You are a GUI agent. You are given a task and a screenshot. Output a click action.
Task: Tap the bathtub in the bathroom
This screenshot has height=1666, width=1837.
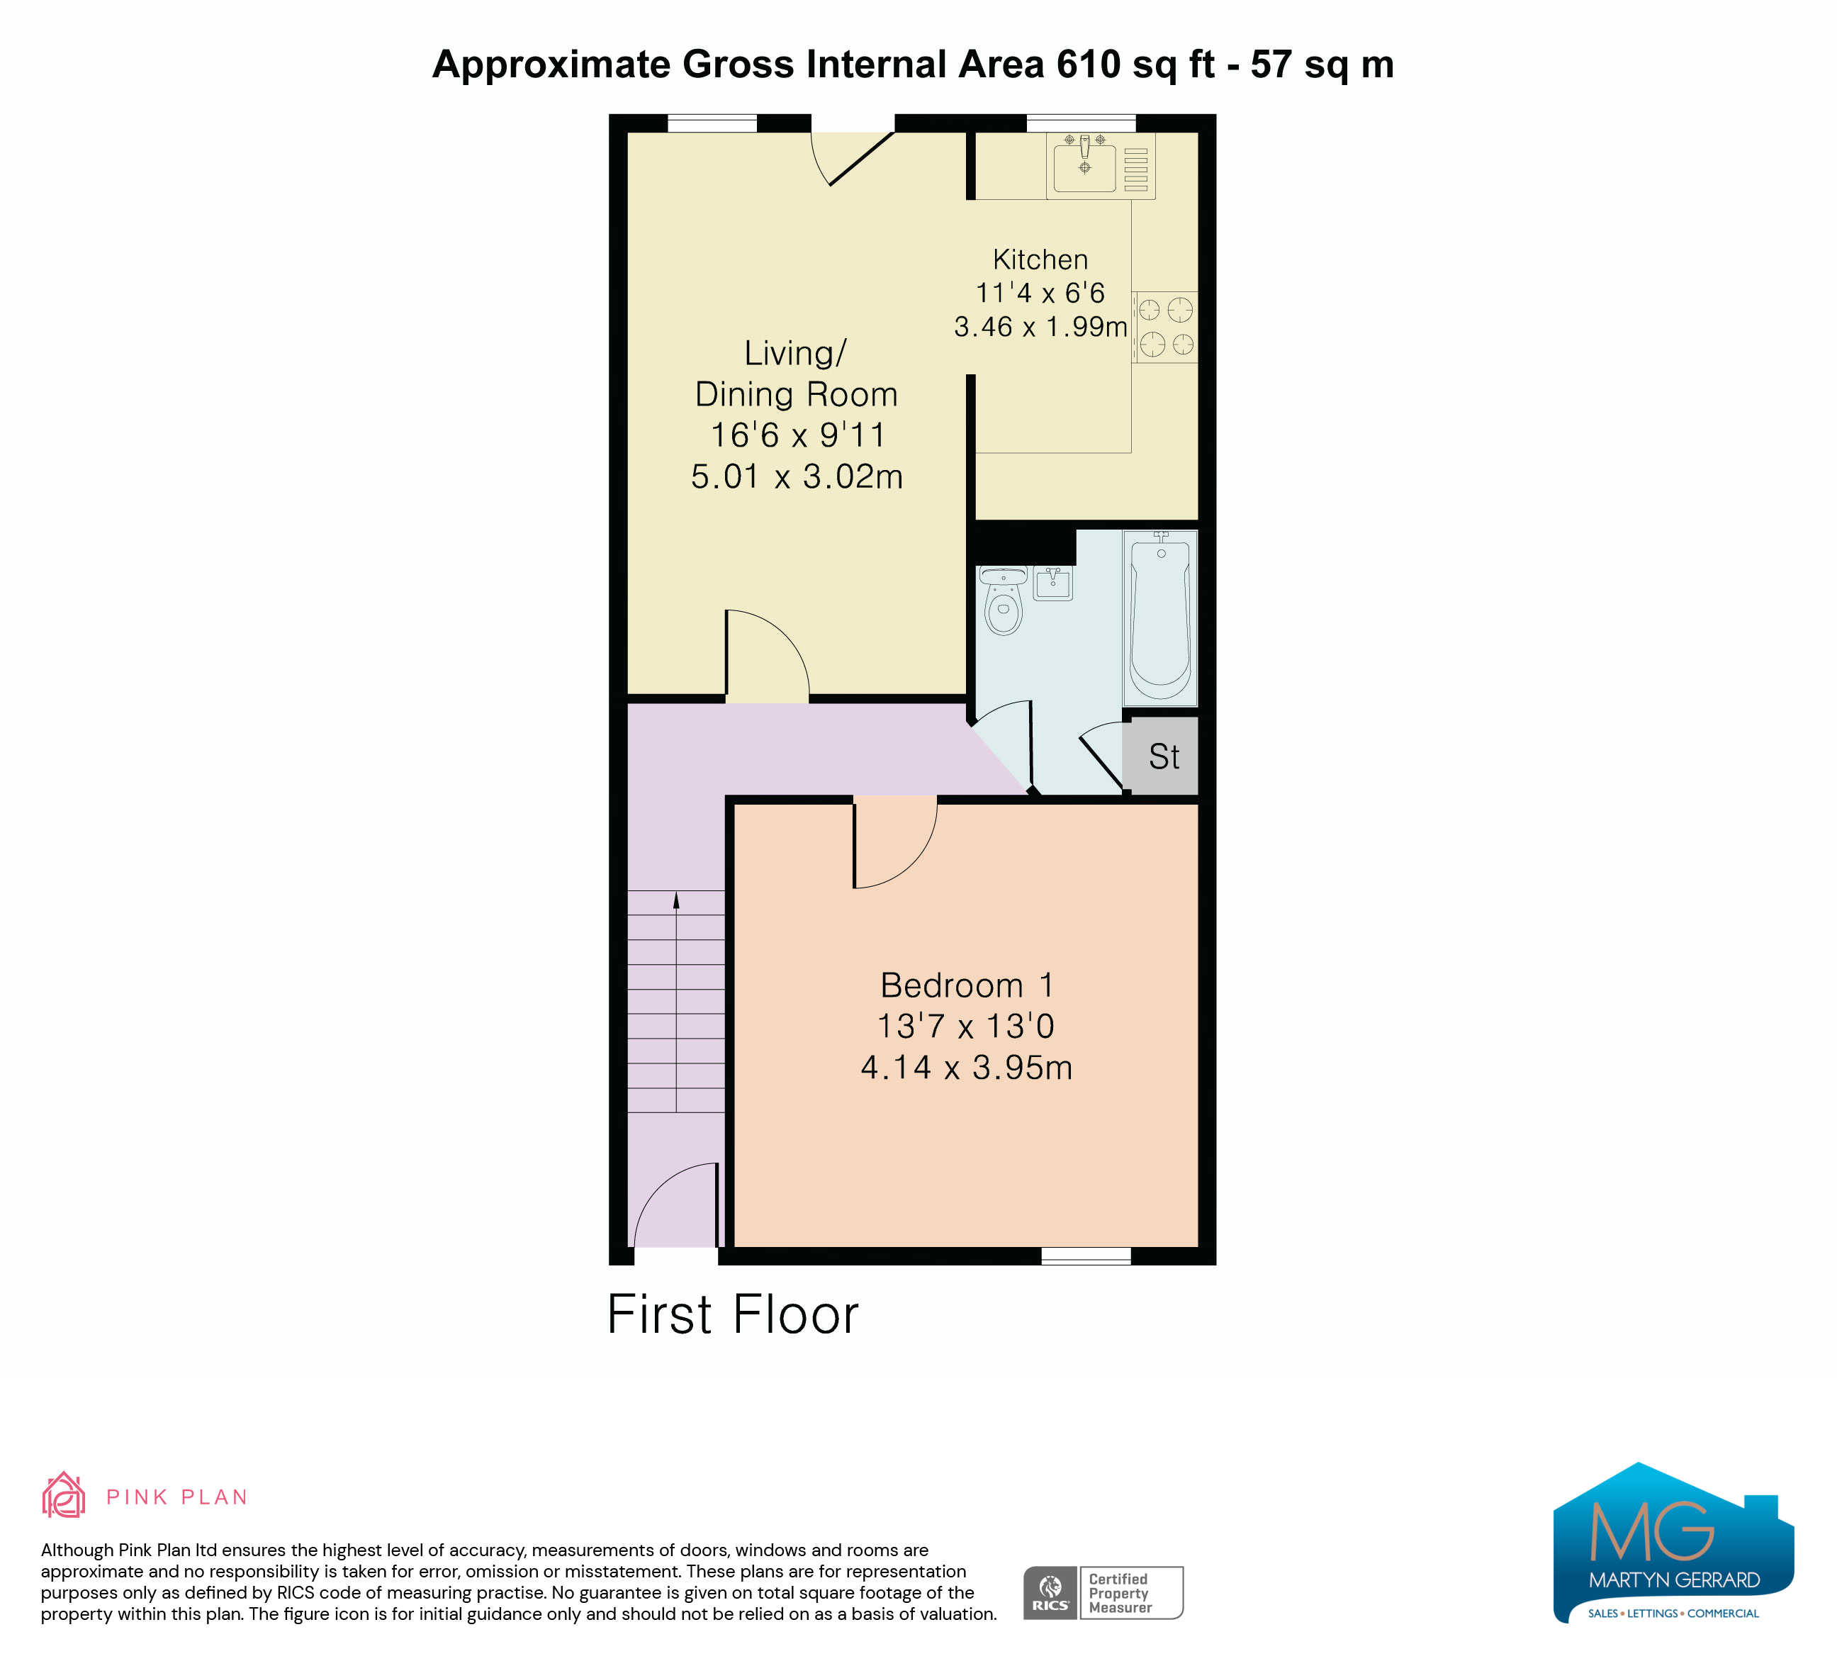coord(1160,618)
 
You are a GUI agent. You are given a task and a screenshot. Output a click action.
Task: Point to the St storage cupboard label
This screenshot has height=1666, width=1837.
coord(1164,756)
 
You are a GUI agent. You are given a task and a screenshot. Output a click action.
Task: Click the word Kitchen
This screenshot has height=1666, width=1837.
coord(1040,259)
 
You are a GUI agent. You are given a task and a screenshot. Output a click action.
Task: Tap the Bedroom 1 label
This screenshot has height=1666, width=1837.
coord(967,985)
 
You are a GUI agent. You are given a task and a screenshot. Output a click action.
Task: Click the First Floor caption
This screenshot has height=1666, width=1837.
coord(733,1314)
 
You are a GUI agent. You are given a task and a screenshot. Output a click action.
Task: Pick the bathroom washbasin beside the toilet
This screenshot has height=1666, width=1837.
coord(1053,583)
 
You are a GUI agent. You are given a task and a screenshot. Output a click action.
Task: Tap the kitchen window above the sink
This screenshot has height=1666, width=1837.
coord(1082,123)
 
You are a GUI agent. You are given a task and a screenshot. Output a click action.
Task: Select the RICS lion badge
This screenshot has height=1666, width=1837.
coord(1050,1593)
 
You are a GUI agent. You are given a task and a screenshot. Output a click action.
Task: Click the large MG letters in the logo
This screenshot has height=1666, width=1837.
coord(1652,1531)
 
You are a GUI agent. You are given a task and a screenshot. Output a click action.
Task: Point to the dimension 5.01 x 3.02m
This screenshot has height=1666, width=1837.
coord(797,476)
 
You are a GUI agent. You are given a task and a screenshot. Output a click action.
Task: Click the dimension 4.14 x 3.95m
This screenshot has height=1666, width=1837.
coord(967,1067)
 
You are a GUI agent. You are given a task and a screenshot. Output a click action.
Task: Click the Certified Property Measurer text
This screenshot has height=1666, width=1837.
coord(1120,1593)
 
